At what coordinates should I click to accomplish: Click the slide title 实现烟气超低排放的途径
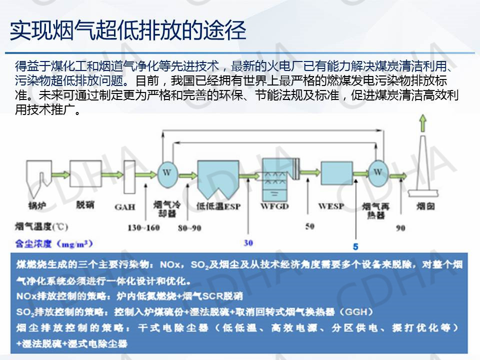coord(128,30)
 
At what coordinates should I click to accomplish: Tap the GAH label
coord(125,206)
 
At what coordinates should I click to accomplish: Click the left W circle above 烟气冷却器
coord(165,172)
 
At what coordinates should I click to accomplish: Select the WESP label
coord(331,206)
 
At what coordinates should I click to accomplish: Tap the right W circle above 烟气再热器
coord(378,172)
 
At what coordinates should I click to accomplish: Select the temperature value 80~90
coord(189,228)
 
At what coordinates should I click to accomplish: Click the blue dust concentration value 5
coord(355,246)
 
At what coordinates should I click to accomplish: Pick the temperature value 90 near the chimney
coord(400,228)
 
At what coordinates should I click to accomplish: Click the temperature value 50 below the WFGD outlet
coord(309,226)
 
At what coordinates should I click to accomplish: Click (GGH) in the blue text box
coord(355,312)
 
